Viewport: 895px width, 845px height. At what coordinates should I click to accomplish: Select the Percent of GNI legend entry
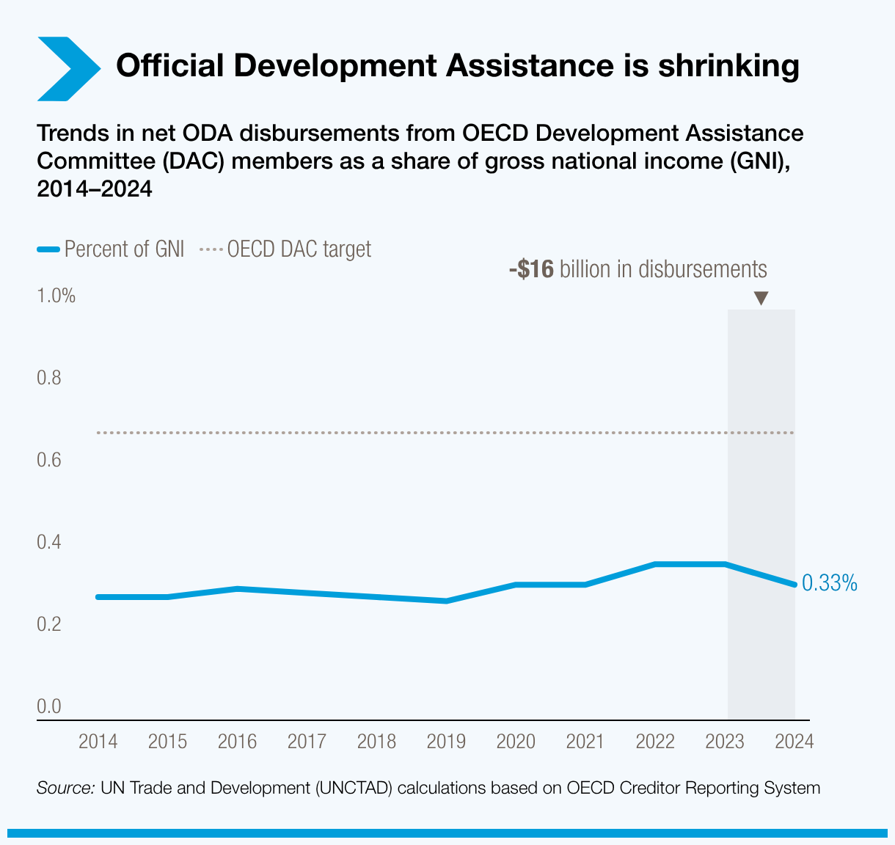point(110,249)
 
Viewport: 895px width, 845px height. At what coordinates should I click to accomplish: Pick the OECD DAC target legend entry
point(286,249)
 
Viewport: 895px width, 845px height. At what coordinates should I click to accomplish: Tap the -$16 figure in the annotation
point(531,269)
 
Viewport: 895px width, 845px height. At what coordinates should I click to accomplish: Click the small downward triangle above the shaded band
point(761,298)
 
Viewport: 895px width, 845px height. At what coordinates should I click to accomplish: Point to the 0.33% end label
point(829,584)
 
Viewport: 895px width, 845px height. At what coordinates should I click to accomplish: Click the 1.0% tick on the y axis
point(56,296)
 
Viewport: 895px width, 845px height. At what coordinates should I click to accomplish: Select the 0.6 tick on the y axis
point(48,461)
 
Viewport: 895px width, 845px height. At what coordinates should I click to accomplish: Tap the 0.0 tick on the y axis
point(48,706)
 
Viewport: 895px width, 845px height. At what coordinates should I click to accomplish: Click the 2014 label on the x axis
point(98,742)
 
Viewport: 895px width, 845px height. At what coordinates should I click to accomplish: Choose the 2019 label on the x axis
point(446,742)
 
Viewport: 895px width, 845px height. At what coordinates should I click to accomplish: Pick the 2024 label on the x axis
point(794,742)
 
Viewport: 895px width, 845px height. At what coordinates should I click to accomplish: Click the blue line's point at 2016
point(237,588)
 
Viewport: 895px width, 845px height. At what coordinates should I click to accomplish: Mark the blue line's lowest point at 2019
point(446,601)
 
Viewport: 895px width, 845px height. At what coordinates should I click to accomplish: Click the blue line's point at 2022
point(655,564)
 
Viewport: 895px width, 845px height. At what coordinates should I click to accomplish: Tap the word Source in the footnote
point(65,789)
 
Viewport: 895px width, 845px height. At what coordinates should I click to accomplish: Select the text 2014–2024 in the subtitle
point(94,189)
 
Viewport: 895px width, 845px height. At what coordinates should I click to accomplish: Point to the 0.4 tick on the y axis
point(48,543)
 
